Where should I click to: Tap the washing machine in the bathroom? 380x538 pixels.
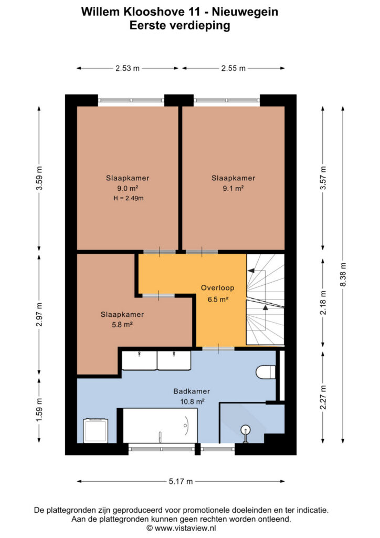pos(96,431)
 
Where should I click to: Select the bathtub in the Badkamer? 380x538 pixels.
pos(160,426)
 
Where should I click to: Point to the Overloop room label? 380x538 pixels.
pos(218,288)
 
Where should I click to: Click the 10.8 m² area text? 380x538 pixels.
pos(192,401)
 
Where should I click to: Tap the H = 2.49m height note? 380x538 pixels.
pos(129,198)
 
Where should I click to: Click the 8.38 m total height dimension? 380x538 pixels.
pos(343,274)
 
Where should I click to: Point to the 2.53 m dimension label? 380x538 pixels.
pos(128,68)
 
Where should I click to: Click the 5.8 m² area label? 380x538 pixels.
pos(122,325)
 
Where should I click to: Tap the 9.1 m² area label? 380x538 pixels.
pos(233,189)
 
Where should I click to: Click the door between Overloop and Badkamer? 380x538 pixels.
pos(218,349)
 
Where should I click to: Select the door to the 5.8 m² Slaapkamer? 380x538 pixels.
pos(159,295)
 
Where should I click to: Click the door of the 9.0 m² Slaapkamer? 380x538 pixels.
pos(160,252)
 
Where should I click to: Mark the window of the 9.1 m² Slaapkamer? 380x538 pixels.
pos(227,100)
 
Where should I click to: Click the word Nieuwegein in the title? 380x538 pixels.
pos(245,12)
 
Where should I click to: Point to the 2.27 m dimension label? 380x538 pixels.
pos(323,397)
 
